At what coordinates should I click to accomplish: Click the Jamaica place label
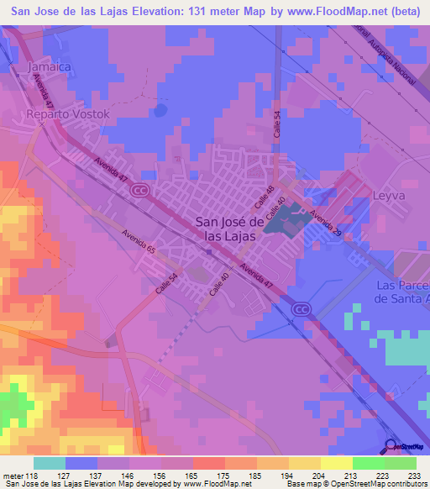coord(48,66)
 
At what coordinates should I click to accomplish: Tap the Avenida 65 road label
coord(139,244)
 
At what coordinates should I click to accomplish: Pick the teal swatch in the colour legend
coord(50,463)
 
